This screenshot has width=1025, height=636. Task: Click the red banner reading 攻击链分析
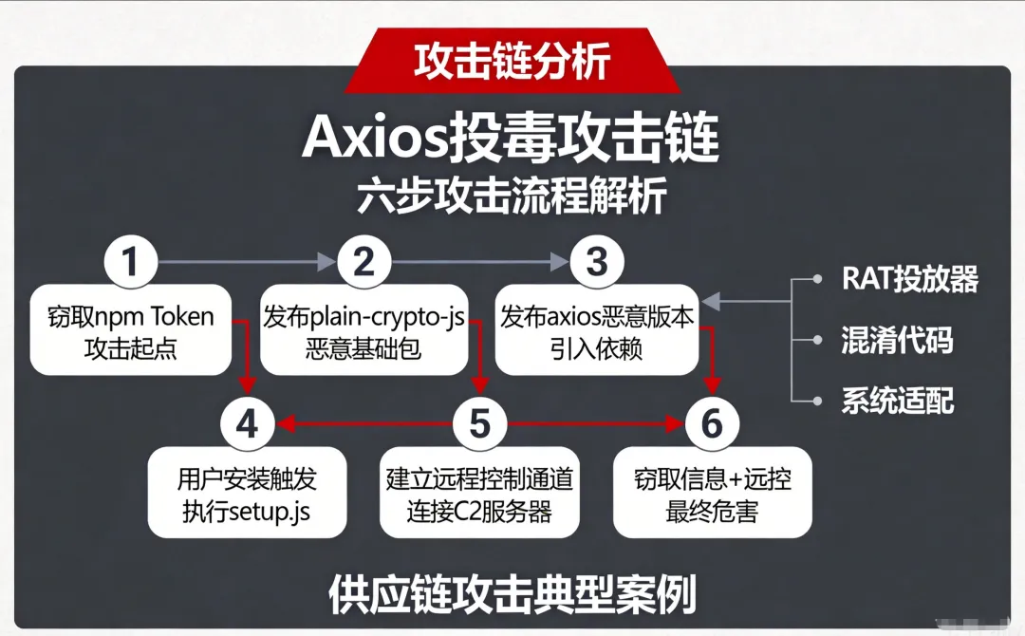click(512, 62)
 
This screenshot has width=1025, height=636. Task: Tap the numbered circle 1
click(130, 262)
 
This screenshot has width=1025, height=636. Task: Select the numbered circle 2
click(364, 262)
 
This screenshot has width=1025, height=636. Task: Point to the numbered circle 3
click(596, 262)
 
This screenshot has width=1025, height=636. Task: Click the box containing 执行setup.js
click(247, 494)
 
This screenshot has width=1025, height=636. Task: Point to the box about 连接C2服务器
click(479, 494)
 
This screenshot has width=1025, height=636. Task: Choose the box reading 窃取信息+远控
click(712, 494)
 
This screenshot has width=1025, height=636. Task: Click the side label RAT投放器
click(909, 279)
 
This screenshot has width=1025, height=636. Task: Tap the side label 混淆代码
click(896, 340)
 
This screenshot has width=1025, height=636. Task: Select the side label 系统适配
click(896, 400)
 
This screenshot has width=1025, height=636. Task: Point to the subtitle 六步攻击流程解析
click(512, 196)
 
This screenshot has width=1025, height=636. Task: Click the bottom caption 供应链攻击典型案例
click(512, 594)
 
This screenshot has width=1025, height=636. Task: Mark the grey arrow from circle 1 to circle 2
click(247, 262)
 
